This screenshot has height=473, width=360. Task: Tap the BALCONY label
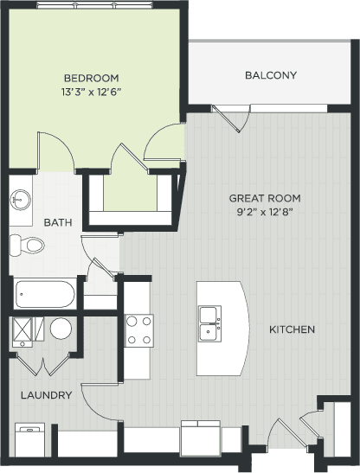270,76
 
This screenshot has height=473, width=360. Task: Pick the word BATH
58,222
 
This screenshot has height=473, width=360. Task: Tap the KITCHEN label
291,330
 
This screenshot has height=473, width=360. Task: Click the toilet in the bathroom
29,245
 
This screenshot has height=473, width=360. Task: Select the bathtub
45,294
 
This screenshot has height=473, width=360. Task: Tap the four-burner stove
139,329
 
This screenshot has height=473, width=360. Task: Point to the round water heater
61,329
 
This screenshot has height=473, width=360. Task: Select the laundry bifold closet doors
42,363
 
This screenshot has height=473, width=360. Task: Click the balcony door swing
229,119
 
